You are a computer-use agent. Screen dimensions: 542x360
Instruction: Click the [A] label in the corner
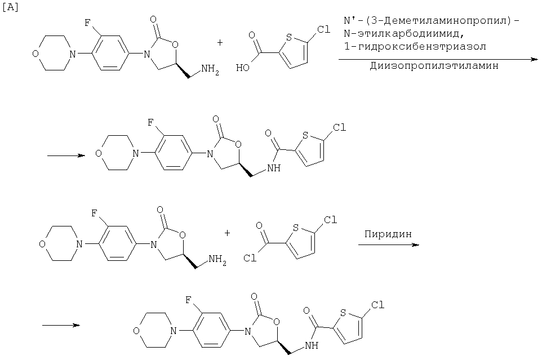point(10,7)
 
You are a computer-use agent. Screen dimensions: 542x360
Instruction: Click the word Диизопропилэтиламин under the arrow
point(434,66)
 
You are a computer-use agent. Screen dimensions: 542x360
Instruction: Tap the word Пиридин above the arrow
point(388,234)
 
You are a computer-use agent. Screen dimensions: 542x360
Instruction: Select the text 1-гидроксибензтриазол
point(415,46)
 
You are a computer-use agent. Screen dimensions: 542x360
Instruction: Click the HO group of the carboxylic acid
point(243,68)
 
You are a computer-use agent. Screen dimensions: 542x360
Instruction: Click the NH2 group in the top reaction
point(210,69)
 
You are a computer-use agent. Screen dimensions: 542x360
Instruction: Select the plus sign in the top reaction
point(220,42)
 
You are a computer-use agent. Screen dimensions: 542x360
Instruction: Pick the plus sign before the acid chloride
point(227,233)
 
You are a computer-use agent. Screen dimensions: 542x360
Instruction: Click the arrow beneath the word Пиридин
point(389,245)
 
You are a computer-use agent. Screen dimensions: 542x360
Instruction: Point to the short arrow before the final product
point(61,325)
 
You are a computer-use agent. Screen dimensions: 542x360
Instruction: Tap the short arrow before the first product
point(66,155)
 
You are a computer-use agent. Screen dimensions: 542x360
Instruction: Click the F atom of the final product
point(188,300)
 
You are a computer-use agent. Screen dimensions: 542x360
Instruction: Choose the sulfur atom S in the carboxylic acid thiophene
point(289,37)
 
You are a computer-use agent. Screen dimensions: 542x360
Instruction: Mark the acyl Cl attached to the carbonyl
point(250,258)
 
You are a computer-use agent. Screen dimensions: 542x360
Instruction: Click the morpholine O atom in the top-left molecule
point(35,54)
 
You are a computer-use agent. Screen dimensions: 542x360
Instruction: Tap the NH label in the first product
point(273,168)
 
